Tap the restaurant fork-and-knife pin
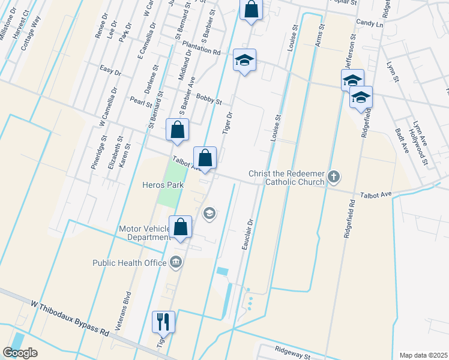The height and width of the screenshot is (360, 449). [163, 322]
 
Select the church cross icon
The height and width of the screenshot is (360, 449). [334, 178]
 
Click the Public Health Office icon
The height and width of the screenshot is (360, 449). [176, 261]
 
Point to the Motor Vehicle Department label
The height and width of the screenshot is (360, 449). [145, 233]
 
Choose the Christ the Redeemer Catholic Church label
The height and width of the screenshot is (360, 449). [287, 178]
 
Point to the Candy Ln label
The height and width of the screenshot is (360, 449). [369, 23]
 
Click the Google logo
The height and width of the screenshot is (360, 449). [20, 353]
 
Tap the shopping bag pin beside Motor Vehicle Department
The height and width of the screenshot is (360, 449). [180, 227]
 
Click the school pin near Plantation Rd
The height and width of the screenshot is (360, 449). [244, 60]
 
